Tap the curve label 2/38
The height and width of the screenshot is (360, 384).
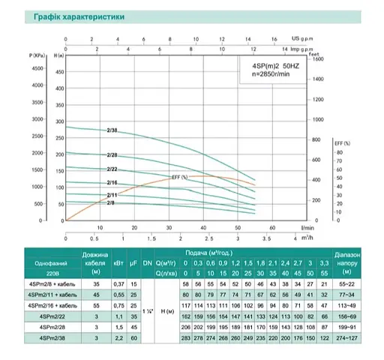click(x=112, y=131)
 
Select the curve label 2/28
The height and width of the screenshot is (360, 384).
click(x=112, y=155)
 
